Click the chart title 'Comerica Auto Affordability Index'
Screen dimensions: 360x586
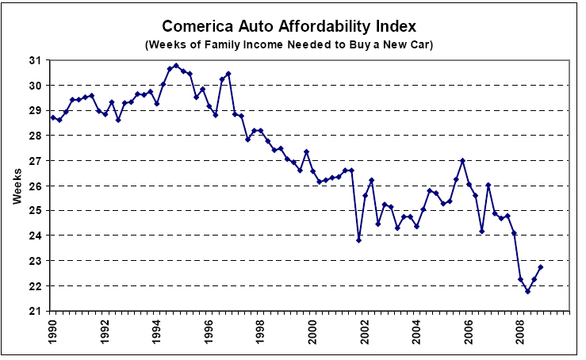click(293, 25)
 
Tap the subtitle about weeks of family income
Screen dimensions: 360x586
click(293, 44)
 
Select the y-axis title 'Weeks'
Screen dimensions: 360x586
click(17, 186)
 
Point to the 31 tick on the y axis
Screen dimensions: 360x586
click(36, 60)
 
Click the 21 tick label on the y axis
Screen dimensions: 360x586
click(36, 311)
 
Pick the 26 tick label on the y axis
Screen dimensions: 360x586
click(36, 186)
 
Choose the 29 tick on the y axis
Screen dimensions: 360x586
click(36, 110)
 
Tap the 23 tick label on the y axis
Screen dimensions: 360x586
click(36, 261)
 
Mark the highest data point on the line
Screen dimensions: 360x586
click(176, 66)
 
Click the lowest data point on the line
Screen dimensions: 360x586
click(527, 291)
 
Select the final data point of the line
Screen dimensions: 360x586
click(540, 267)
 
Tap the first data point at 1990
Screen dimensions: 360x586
click(52, 117)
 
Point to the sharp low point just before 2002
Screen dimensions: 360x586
click(358, 239)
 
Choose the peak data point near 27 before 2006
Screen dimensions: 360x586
click(462, 161)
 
